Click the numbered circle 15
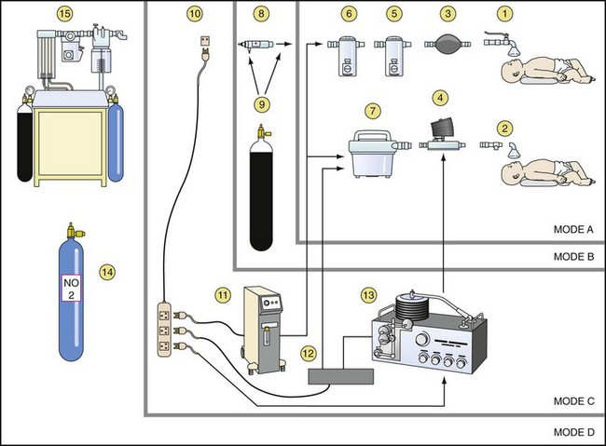65,14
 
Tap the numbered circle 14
107,272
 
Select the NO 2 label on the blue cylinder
71,289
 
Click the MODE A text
573,229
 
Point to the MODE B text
573,257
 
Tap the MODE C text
574,401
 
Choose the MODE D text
574,432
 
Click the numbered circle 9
262,104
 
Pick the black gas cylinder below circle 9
261,188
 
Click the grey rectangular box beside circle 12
341,376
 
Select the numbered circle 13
368,295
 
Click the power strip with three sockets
164,330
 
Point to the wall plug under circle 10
205,48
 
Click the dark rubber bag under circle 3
448,45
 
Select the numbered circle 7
373,111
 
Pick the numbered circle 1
504,14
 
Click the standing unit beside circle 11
264,330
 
